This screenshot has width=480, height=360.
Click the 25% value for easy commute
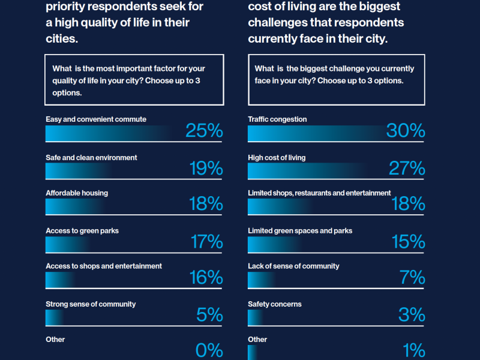(204, 131)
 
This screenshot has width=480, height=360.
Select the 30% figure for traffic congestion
(406, 131)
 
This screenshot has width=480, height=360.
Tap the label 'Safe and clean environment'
(91, 158)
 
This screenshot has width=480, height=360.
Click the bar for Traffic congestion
(318, 134)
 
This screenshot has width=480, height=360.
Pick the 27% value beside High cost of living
(407, 169)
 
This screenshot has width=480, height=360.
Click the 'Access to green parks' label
(82, 231)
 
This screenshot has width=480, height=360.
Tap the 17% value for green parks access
(206, 242)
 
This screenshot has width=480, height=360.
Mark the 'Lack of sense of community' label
(293, 266)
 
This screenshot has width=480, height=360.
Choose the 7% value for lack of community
(412, 278)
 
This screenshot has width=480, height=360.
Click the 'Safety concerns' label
(275, 304)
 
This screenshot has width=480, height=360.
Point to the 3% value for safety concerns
(412, 315)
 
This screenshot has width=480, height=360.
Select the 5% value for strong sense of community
(210, 315)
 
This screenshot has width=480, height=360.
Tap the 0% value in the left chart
(210, 350)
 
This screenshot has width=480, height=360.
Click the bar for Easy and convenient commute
(114, 134)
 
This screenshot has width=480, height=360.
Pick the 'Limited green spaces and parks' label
(300, 231)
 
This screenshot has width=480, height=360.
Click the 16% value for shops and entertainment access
(206, 278)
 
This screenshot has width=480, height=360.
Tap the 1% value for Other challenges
(414, 350)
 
